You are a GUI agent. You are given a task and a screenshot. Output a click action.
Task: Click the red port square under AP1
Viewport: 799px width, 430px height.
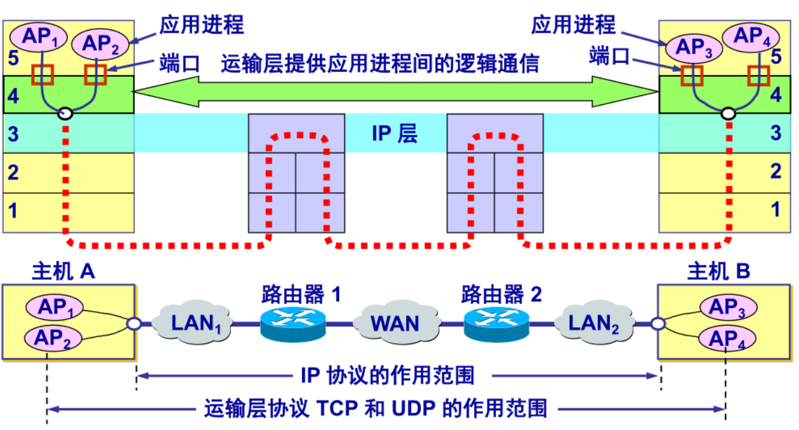click(43, 74)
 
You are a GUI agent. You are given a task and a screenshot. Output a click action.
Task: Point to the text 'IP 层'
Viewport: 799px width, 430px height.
click(395, 134)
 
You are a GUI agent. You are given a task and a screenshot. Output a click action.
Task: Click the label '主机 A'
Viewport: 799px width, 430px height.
click(64, 272)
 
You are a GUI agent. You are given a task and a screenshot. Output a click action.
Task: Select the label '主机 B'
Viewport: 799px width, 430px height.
click(719, 272)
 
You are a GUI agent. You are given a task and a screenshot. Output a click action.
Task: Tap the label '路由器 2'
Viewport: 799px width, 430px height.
click(502, 294)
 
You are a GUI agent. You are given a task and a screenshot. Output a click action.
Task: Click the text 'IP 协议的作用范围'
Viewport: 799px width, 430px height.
click(387, 375)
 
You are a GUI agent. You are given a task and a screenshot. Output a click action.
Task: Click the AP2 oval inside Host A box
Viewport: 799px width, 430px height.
click(54, 338)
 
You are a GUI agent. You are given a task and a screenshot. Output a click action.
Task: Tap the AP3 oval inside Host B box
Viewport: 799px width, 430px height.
click(728, 308)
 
